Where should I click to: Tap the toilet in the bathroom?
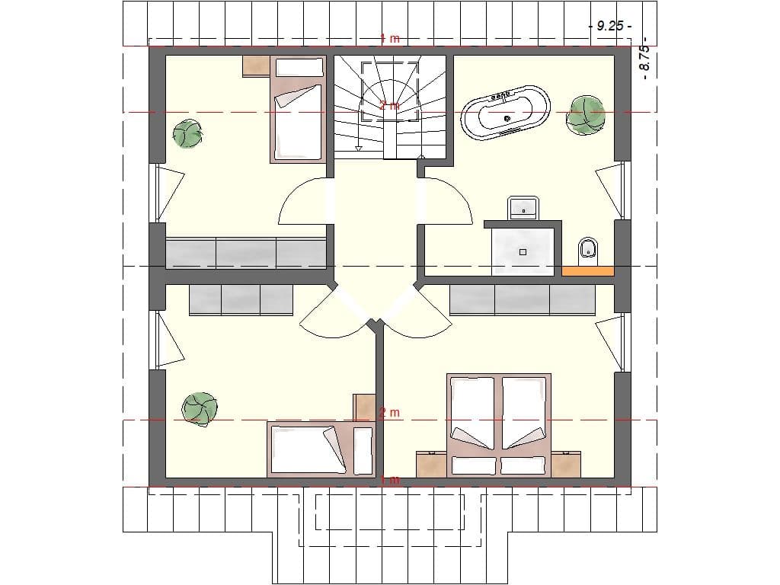(588, 248)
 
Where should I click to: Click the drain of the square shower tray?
(523, 251)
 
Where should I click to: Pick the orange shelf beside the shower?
(587, 270)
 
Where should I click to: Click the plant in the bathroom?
(586, 115)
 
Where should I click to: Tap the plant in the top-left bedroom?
(187, 134)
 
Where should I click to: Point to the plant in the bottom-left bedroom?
(200, 408)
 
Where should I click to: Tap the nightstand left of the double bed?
(430, 464)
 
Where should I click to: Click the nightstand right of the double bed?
(566, 464)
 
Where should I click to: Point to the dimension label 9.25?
(611, 26)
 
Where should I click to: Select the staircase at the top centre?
(391, 107)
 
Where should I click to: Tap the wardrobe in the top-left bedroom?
(245, 253)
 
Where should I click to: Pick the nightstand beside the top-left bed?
(257, 66)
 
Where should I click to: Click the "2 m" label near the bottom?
(389, 413)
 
